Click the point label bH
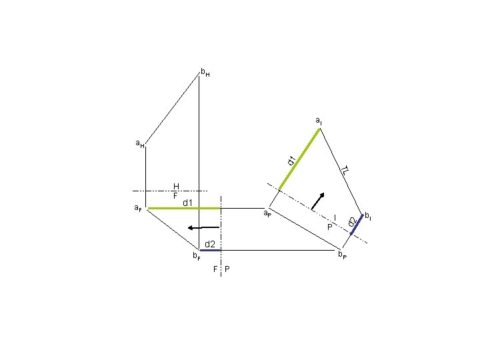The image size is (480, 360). tap(205, 73)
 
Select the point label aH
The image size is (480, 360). tap(140, 143)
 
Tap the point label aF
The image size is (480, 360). tap(138, 208)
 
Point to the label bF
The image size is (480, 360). tap(197, 255)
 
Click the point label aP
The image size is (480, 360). tap(267, 213)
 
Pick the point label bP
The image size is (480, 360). tap(342, 255)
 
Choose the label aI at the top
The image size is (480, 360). tap(319, 121)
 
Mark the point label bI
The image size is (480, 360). tap(368, 217)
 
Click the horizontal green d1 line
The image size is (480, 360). tap(184, 209)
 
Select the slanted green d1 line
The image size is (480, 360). tap(300, 159)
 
